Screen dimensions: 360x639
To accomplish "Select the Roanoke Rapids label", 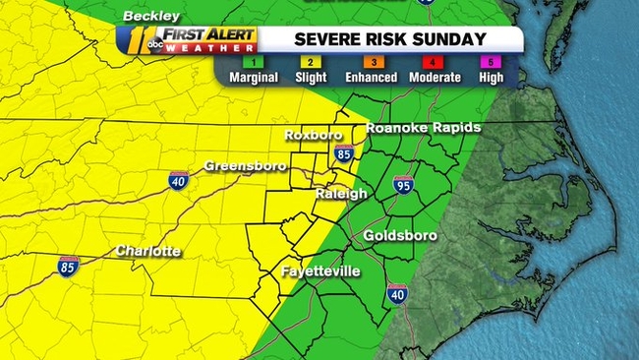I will pyautogui.click(x=423, y=128).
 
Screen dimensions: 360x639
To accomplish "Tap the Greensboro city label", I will pyautogui.click(x=245, y=166).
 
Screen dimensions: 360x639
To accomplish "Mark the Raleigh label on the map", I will pyautogui.click(x=341, y=194).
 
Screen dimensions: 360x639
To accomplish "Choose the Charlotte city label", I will pyautogui.click(x=147, y=251).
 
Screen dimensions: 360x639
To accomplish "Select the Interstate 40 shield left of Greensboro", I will pyautogui.click(x=177, y=180).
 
